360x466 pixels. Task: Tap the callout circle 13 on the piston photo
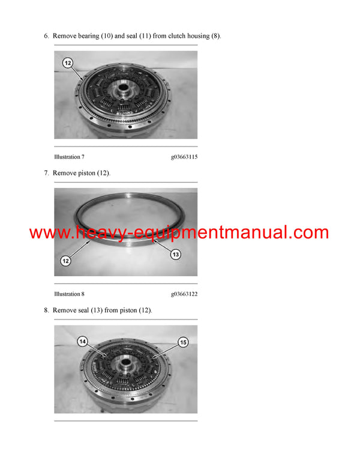175,255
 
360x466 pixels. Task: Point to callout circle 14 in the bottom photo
83,342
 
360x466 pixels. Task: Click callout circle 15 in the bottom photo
183,342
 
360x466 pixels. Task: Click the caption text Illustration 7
69,157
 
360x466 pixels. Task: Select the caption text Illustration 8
69,294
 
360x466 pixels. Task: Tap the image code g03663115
184,157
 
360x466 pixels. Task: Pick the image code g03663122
184,294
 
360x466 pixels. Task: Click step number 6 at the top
46,36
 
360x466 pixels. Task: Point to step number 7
46,173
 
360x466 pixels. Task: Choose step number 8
46,310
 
